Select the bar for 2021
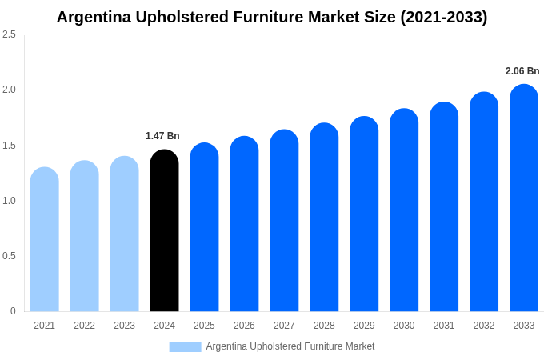point(45,239)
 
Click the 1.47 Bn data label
point(162,136)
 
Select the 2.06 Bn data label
point(522,71)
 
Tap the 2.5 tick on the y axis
point(9,34)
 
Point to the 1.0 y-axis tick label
point(9,200)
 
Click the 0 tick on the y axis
point(13,311)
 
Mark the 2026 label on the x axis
point(244,326)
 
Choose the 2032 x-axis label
point(484,326)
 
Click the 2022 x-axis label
point(84,326)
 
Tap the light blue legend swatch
point(185,346)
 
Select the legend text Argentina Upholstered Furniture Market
point(290,346)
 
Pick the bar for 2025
point(204,227)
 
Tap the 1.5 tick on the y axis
point(9,145)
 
